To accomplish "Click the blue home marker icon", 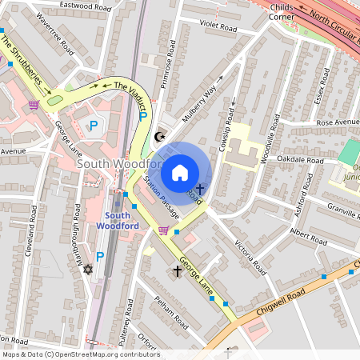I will [180, 172].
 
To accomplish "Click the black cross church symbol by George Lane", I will [178, 271].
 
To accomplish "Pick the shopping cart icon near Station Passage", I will [163, 230].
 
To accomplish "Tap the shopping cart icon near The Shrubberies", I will [34, 105].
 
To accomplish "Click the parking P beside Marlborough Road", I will [100, 257].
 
